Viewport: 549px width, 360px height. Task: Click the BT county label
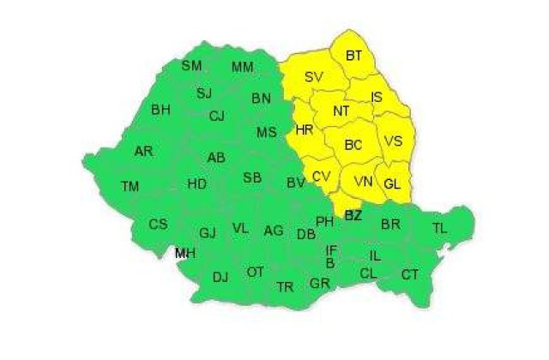coord(353,56)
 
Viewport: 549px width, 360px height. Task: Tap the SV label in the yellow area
coord(314,77)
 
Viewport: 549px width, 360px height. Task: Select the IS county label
coord(377,98)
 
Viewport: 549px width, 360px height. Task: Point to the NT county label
coord(341,111)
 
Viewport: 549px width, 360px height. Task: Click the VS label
coord(393,141)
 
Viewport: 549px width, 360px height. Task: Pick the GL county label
coord(392,183)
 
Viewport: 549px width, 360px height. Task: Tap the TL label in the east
coord(439,228)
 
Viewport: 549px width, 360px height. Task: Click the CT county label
coord(410,274)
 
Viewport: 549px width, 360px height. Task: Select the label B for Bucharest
coord(330,263)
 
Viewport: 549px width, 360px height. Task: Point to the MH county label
coord(184,253)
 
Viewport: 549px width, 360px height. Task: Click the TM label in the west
coord(130,186)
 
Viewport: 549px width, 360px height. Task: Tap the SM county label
coord(191,65)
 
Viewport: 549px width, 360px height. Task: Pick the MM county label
coord(243,67)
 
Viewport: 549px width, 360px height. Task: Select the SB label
coord(252,177)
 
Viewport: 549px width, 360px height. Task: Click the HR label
coord(304,131)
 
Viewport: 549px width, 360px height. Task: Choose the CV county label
coord(322,176)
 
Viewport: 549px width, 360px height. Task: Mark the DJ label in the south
coord(220,276)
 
